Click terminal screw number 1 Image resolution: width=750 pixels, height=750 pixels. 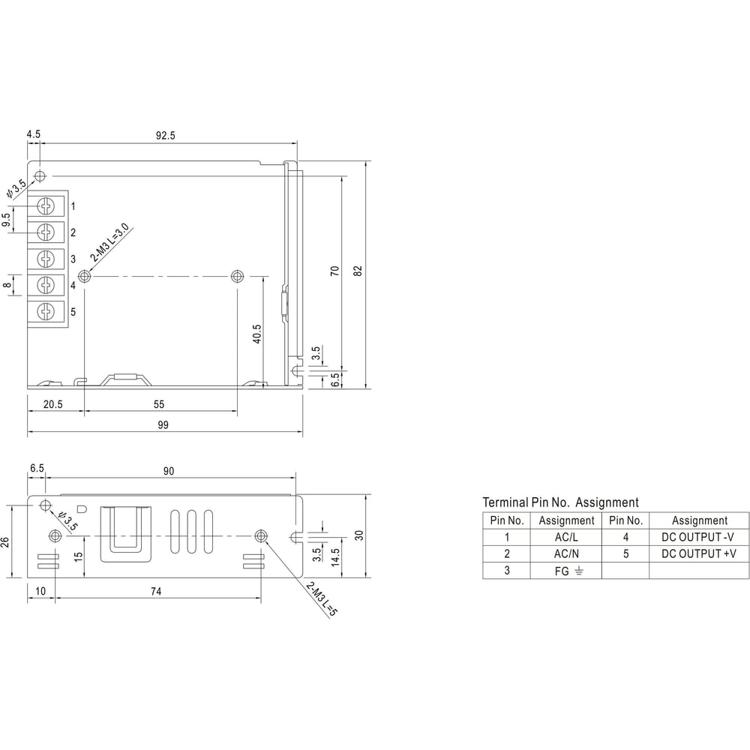pyautogui.click(x=46, y=206)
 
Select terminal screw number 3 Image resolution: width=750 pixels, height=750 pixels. pyautogui.click(x=46, y=259)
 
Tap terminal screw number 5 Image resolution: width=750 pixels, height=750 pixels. pyautogui.click(x=46, y=312)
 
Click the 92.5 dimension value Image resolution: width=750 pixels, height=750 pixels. pyautogui.click(x=166, y=135)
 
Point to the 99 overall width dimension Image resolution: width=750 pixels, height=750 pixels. pyautogui.click(x=163, y=424)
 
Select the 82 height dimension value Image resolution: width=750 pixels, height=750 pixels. pyautogui.click(x=358, y=271)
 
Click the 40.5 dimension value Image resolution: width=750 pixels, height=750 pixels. pyautogui.click(x=256, y=334)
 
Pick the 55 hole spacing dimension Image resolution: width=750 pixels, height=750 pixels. pyautogui.click(x=159, y=405)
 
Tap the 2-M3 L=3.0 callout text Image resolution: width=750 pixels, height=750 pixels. pyautogui.click(x=109, y=242)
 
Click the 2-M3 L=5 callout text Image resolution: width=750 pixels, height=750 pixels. pyautogui.click(x=322, y=598)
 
